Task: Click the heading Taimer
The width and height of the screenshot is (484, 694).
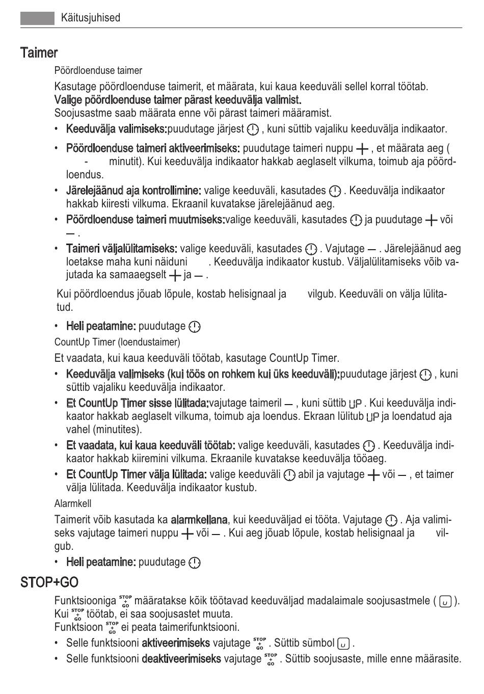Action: [39, 52]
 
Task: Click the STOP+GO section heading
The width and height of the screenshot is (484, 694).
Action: [49, 582]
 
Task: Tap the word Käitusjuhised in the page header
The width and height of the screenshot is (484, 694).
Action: [91, 18]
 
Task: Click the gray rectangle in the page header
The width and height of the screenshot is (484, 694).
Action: [37, 18]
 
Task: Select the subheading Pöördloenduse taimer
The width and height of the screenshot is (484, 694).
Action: [98, 70]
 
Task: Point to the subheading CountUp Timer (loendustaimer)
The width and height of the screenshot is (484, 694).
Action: [117, 342]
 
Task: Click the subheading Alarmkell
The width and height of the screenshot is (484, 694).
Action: [73, 503]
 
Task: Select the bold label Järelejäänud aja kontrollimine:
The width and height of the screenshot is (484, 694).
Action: [133, 191]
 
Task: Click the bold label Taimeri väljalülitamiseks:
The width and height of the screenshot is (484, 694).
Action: [121, 249]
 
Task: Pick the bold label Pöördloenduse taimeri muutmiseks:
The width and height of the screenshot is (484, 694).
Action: [145, 220]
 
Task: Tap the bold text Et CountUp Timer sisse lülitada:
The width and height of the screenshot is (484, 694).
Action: [137, 403]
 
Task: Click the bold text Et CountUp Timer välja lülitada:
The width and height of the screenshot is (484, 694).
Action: [136, 474]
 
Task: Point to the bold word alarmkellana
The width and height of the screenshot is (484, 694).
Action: [199, 520]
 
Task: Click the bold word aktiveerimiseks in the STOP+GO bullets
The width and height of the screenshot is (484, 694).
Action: [175, 643]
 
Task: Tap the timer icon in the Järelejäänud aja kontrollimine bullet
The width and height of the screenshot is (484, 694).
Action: [335, 191]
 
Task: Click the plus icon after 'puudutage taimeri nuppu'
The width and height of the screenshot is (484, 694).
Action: [362, 149]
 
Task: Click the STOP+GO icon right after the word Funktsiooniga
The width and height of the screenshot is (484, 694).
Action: [125, 601]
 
